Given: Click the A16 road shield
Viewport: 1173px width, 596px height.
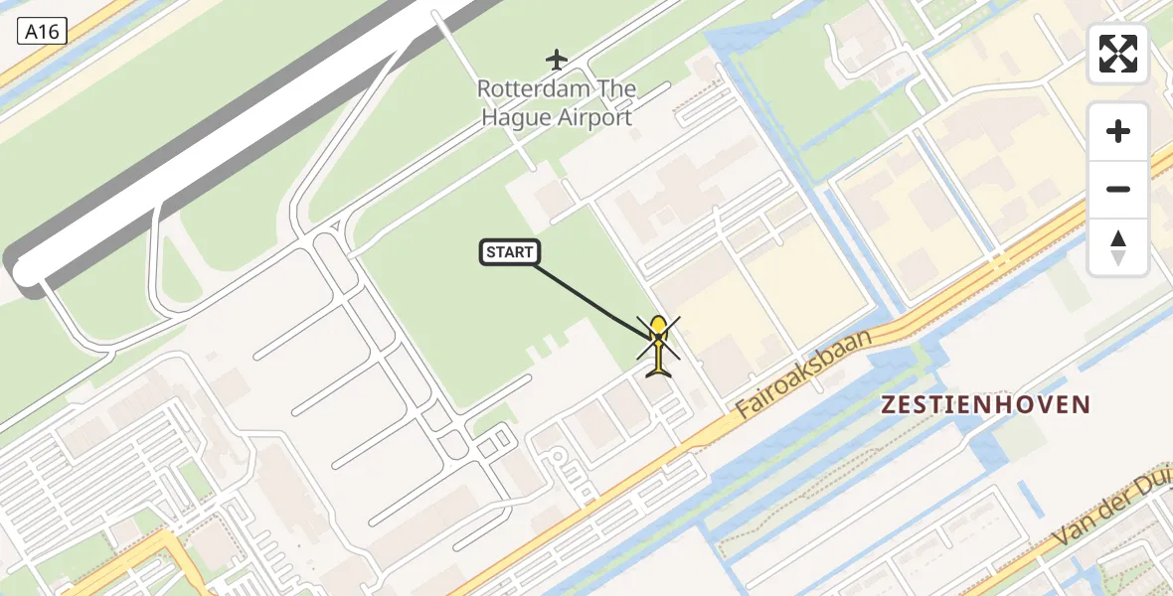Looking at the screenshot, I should coord(42,32).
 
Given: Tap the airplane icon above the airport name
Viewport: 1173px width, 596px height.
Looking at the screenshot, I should coord(557,60).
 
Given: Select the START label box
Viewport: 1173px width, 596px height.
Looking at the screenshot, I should coord(510,253).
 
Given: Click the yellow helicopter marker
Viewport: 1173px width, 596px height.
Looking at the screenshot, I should coord(658,344).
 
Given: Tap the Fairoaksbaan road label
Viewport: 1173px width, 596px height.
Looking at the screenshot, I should coord(804,372).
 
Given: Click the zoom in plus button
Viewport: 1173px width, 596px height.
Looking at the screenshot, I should coord(1118,131).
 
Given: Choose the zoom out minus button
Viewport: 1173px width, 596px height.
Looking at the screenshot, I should coord(1118,189).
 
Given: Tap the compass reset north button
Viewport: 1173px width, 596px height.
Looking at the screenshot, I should coord(1118,247).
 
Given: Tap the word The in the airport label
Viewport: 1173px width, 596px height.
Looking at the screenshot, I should coord(617,89).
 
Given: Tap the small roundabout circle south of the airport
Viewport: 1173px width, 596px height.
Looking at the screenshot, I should coord(558,458).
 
